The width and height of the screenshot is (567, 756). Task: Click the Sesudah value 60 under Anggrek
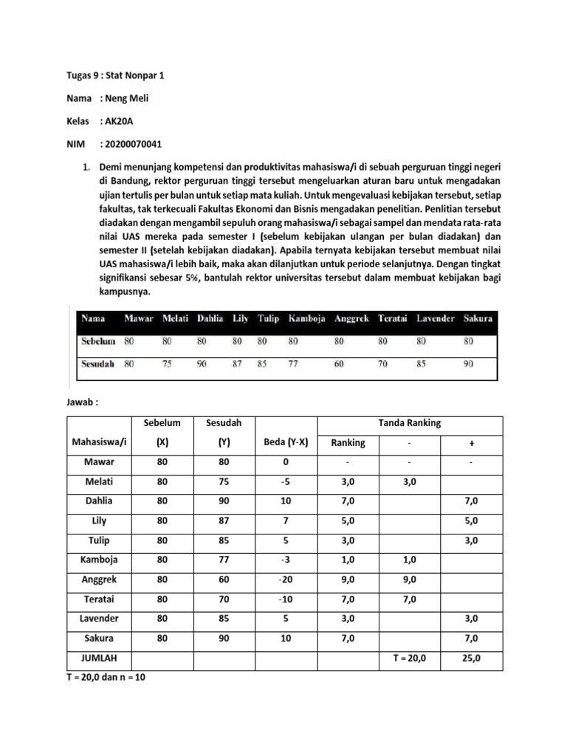tap(339, 364)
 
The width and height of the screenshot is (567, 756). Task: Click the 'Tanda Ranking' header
tap(410, 423)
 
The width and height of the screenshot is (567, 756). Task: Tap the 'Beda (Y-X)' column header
tap(286, 444)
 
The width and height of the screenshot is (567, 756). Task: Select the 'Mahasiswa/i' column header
tap(100, 444)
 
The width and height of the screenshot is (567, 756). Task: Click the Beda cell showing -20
tap(286, 580)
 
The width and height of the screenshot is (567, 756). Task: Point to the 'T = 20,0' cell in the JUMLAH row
tap(410, 658)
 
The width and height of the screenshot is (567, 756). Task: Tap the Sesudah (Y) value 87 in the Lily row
tap(224, 520)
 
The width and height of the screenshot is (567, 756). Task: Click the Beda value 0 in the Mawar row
tap(286, 462)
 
